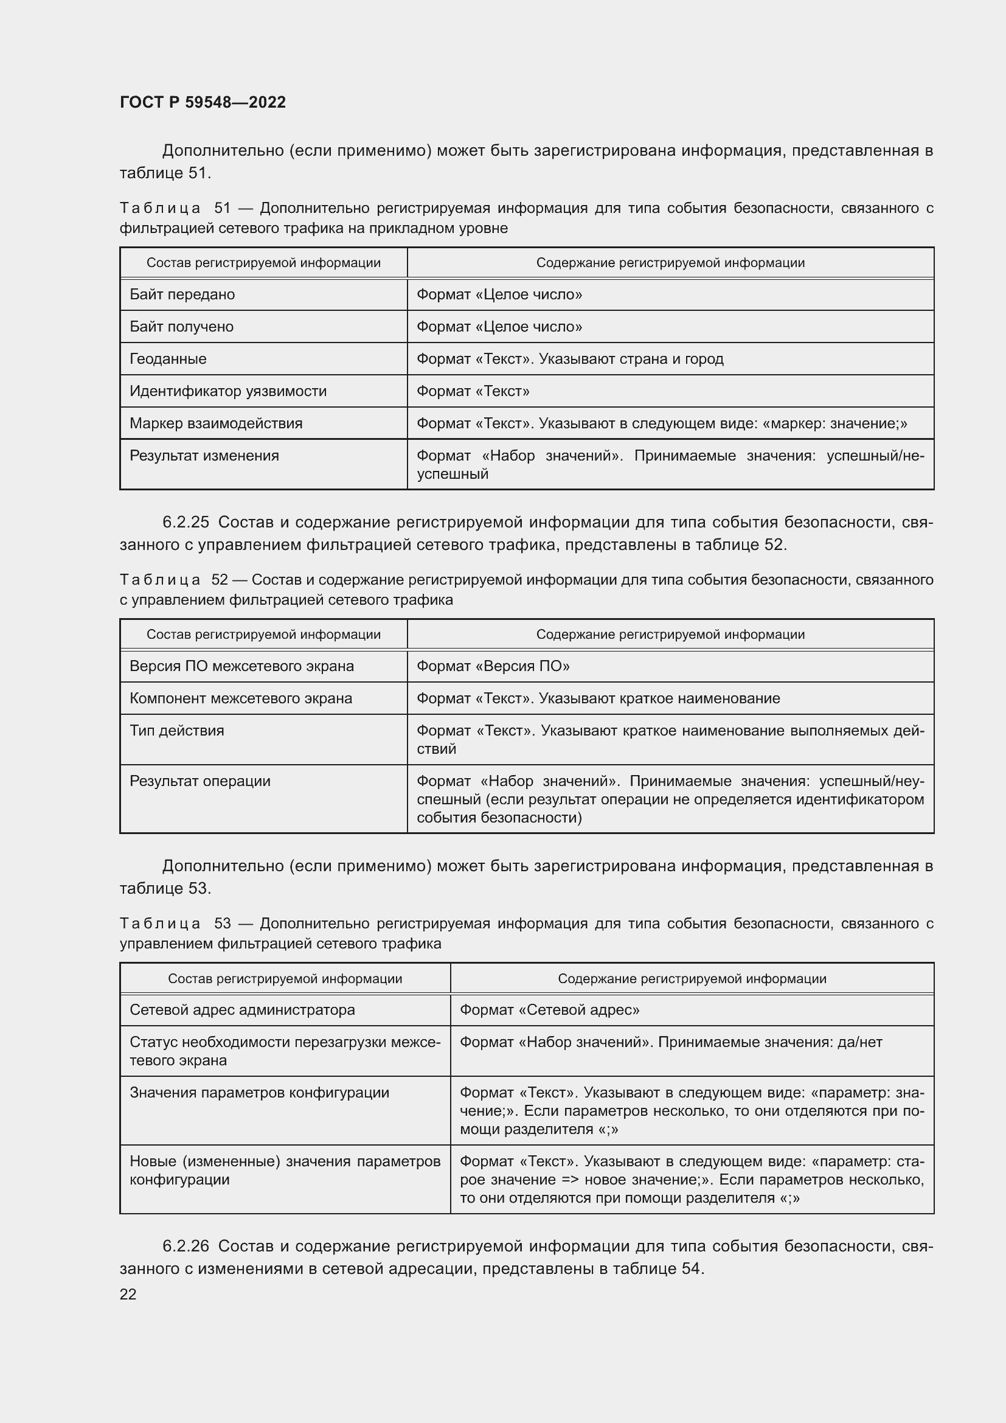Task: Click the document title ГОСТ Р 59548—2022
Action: [x=203, y=102]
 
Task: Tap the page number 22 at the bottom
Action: [x=128, y=1293]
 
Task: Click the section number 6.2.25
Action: [x=186, y=523]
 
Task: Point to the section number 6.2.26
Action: [x=186, y=1247]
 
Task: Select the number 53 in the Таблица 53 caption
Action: [x=223, y=924]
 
